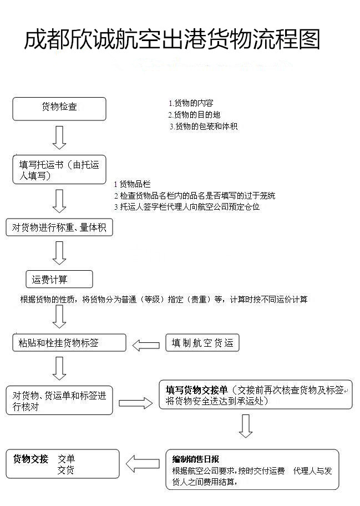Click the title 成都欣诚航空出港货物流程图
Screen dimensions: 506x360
point(172,40)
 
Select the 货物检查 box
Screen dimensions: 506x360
point(59,108)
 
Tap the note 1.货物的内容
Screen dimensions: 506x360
point(191,103)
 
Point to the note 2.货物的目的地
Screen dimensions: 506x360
point(194,115)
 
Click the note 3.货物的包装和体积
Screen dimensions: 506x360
point(204,126)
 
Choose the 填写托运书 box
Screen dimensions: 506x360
point(59,170)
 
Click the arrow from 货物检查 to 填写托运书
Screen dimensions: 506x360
point(59,137)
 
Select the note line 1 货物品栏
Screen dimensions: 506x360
point(132,184)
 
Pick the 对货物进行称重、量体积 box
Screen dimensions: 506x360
point(59,227)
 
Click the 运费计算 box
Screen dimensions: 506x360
point(59,279)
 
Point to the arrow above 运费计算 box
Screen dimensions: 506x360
point(59,253)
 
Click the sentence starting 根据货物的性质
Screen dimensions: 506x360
point(164,300)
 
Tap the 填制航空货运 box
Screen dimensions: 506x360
point(202,343)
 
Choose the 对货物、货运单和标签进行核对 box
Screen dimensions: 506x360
point(59,401)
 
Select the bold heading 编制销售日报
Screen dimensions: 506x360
point(196,459)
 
